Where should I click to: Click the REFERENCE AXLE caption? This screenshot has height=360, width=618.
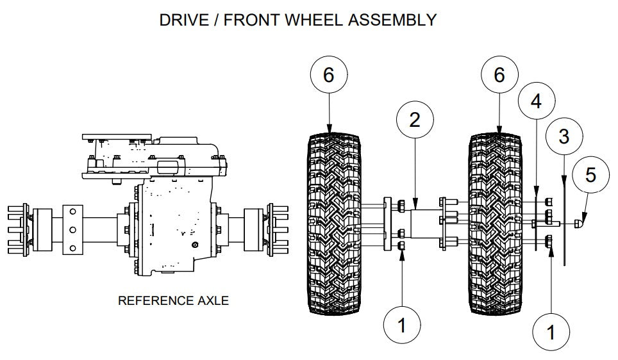click(173, 300)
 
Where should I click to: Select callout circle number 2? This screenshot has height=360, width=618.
click(415, 120)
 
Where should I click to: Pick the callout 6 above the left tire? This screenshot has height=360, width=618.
click(328, 76)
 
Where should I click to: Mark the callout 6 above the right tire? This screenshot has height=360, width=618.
click(499, 76)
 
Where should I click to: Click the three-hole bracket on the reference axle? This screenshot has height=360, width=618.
click(72, 229)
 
